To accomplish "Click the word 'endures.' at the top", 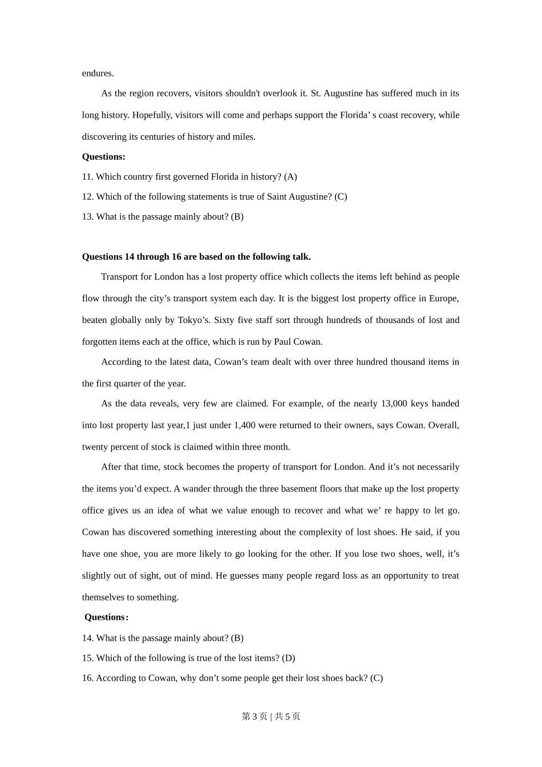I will point(98,73).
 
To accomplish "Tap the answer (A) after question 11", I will point(290,177).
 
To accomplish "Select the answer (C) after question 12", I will point(341,197).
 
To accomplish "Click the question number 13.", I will point(88,217).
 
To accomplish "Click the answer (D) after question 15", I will point(288,658).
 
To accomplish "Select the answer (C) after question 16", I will point(377,678).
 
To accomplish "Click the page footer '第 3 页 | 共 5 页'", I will point(271,716).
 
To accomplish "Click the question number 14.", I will point(88,638).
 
